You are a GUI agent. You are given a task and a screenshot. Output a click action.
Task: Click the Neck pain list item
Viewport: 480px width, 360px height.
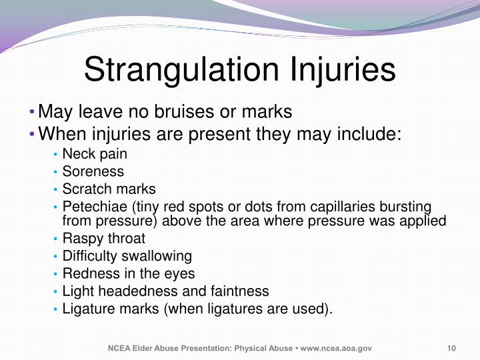tap(95, 154)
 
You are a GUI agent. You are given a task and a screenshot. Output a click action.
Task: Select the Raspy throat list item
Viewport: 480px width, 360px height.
tap(103, 238)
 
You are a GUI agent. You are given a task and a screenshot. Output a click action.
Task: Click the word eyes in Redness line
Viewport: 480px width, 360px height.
tap(181, 273)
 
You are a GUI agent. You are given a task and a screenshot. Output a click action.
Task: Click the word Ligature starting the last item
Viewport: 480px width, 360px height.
tap(87, 309)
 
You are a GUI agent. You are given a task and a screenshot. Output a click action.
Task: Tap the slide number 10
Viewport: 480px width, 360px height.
tap(451, 349)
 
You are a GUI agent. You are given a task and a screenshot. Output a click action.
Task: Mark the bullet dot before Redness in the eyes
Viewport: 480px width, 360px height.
tap(55, 274)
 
